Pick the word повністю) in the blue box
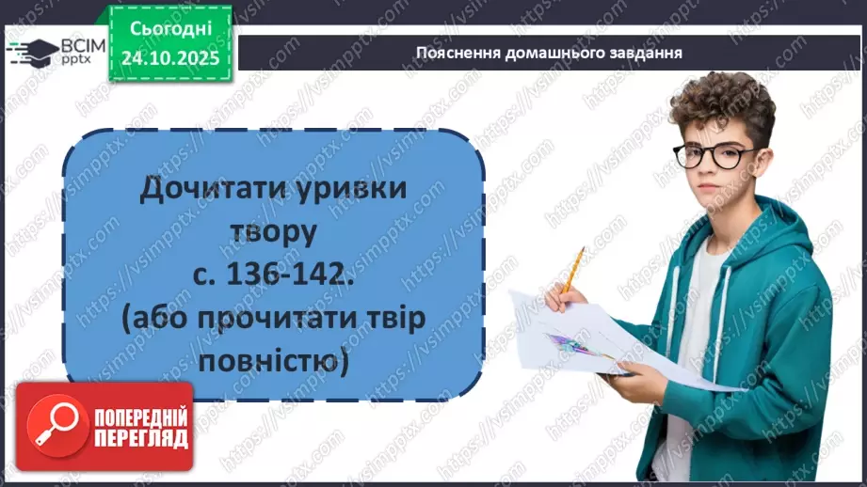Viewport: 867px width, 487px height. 274,359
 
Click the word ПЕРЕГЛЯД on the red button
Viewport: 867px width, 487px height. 130,437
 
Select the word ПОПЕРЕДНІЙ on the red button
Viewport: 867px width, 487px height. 130,416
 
